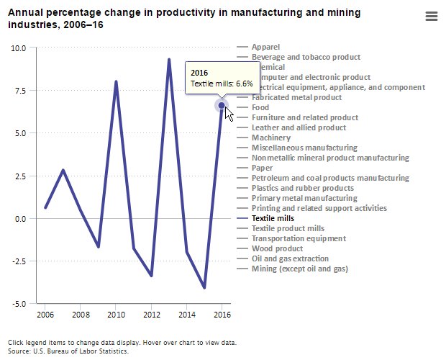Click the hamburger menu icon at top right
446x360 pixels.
click(432, 17)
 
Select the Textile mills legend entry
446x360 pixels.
click(273, 218)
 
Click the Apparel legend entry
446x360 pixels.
click(266, 47)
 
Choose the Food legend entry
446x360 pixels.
click(260, 107)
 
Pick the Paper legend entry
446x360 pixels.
click(263, 168)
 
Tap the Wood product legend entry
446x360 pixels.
click(276, 248)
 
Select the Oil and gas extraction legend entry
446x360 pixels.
click(290, 258)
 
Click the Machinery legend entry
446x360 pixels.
click(271, 138)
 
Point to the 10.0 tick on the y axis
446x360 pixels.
click(18, 48)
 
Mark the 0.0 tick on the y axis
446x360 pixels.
click(19, 219)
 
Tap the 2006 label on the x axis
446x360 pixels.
click(45, 315)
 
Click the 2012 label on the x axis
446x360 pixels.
click(151, 315)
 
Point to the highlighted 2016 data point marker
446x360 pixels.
click(222, 106)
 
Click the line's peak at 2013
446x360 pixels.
click(169, 60)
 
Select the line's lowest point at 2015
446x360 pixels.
click(204, 288)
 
